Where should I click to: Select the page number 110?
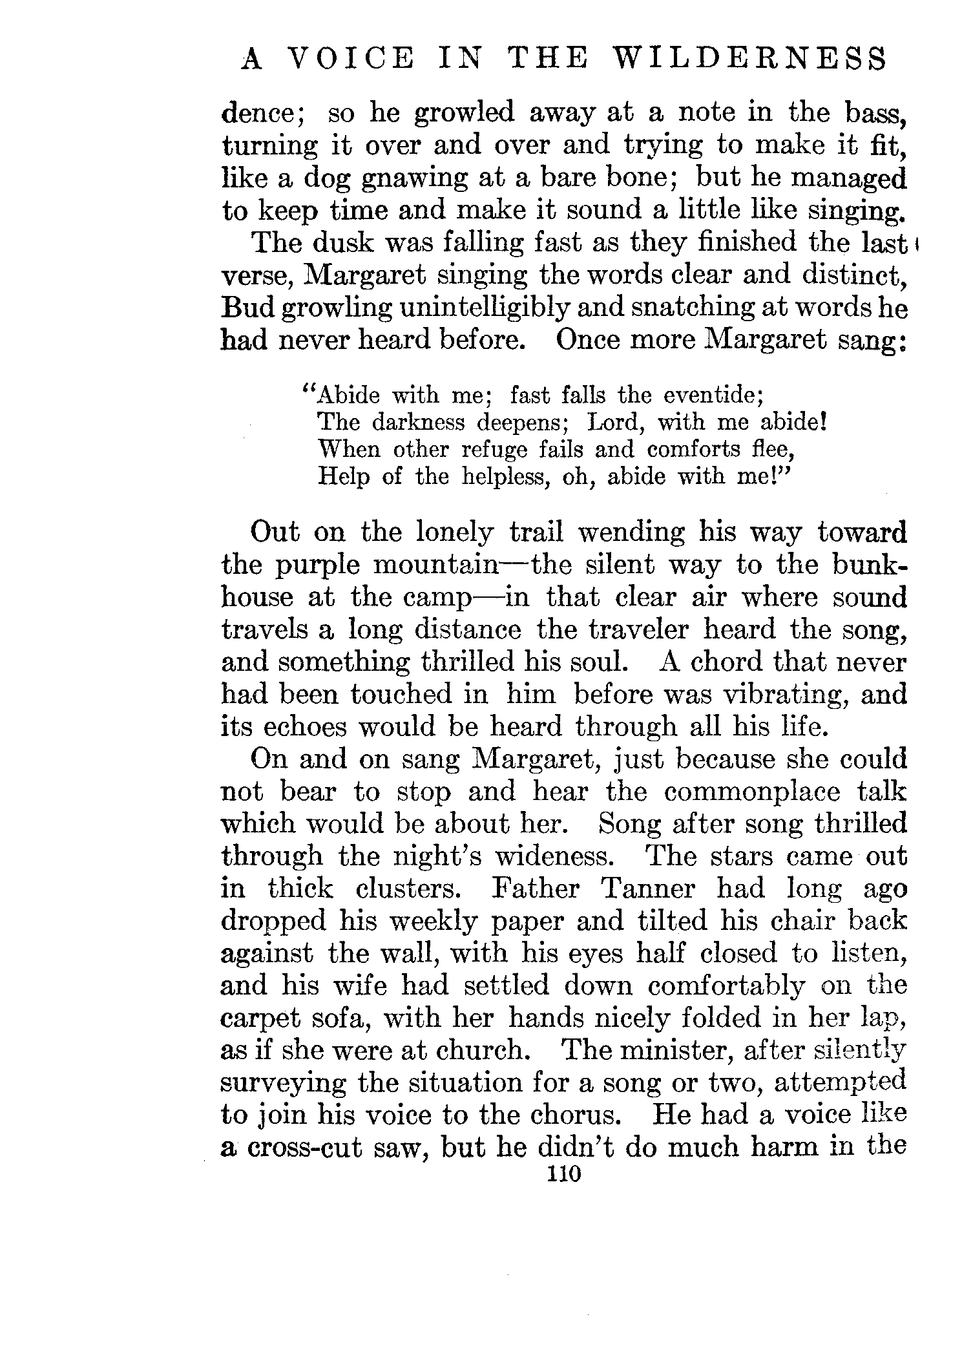point(564,1173)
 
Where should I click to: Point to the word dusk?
point(344,243)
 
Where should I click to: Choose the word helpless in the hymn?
point(507,476)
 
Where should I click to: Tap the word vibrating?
point(783,695)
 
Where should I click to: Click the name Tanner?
point(648,889)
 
